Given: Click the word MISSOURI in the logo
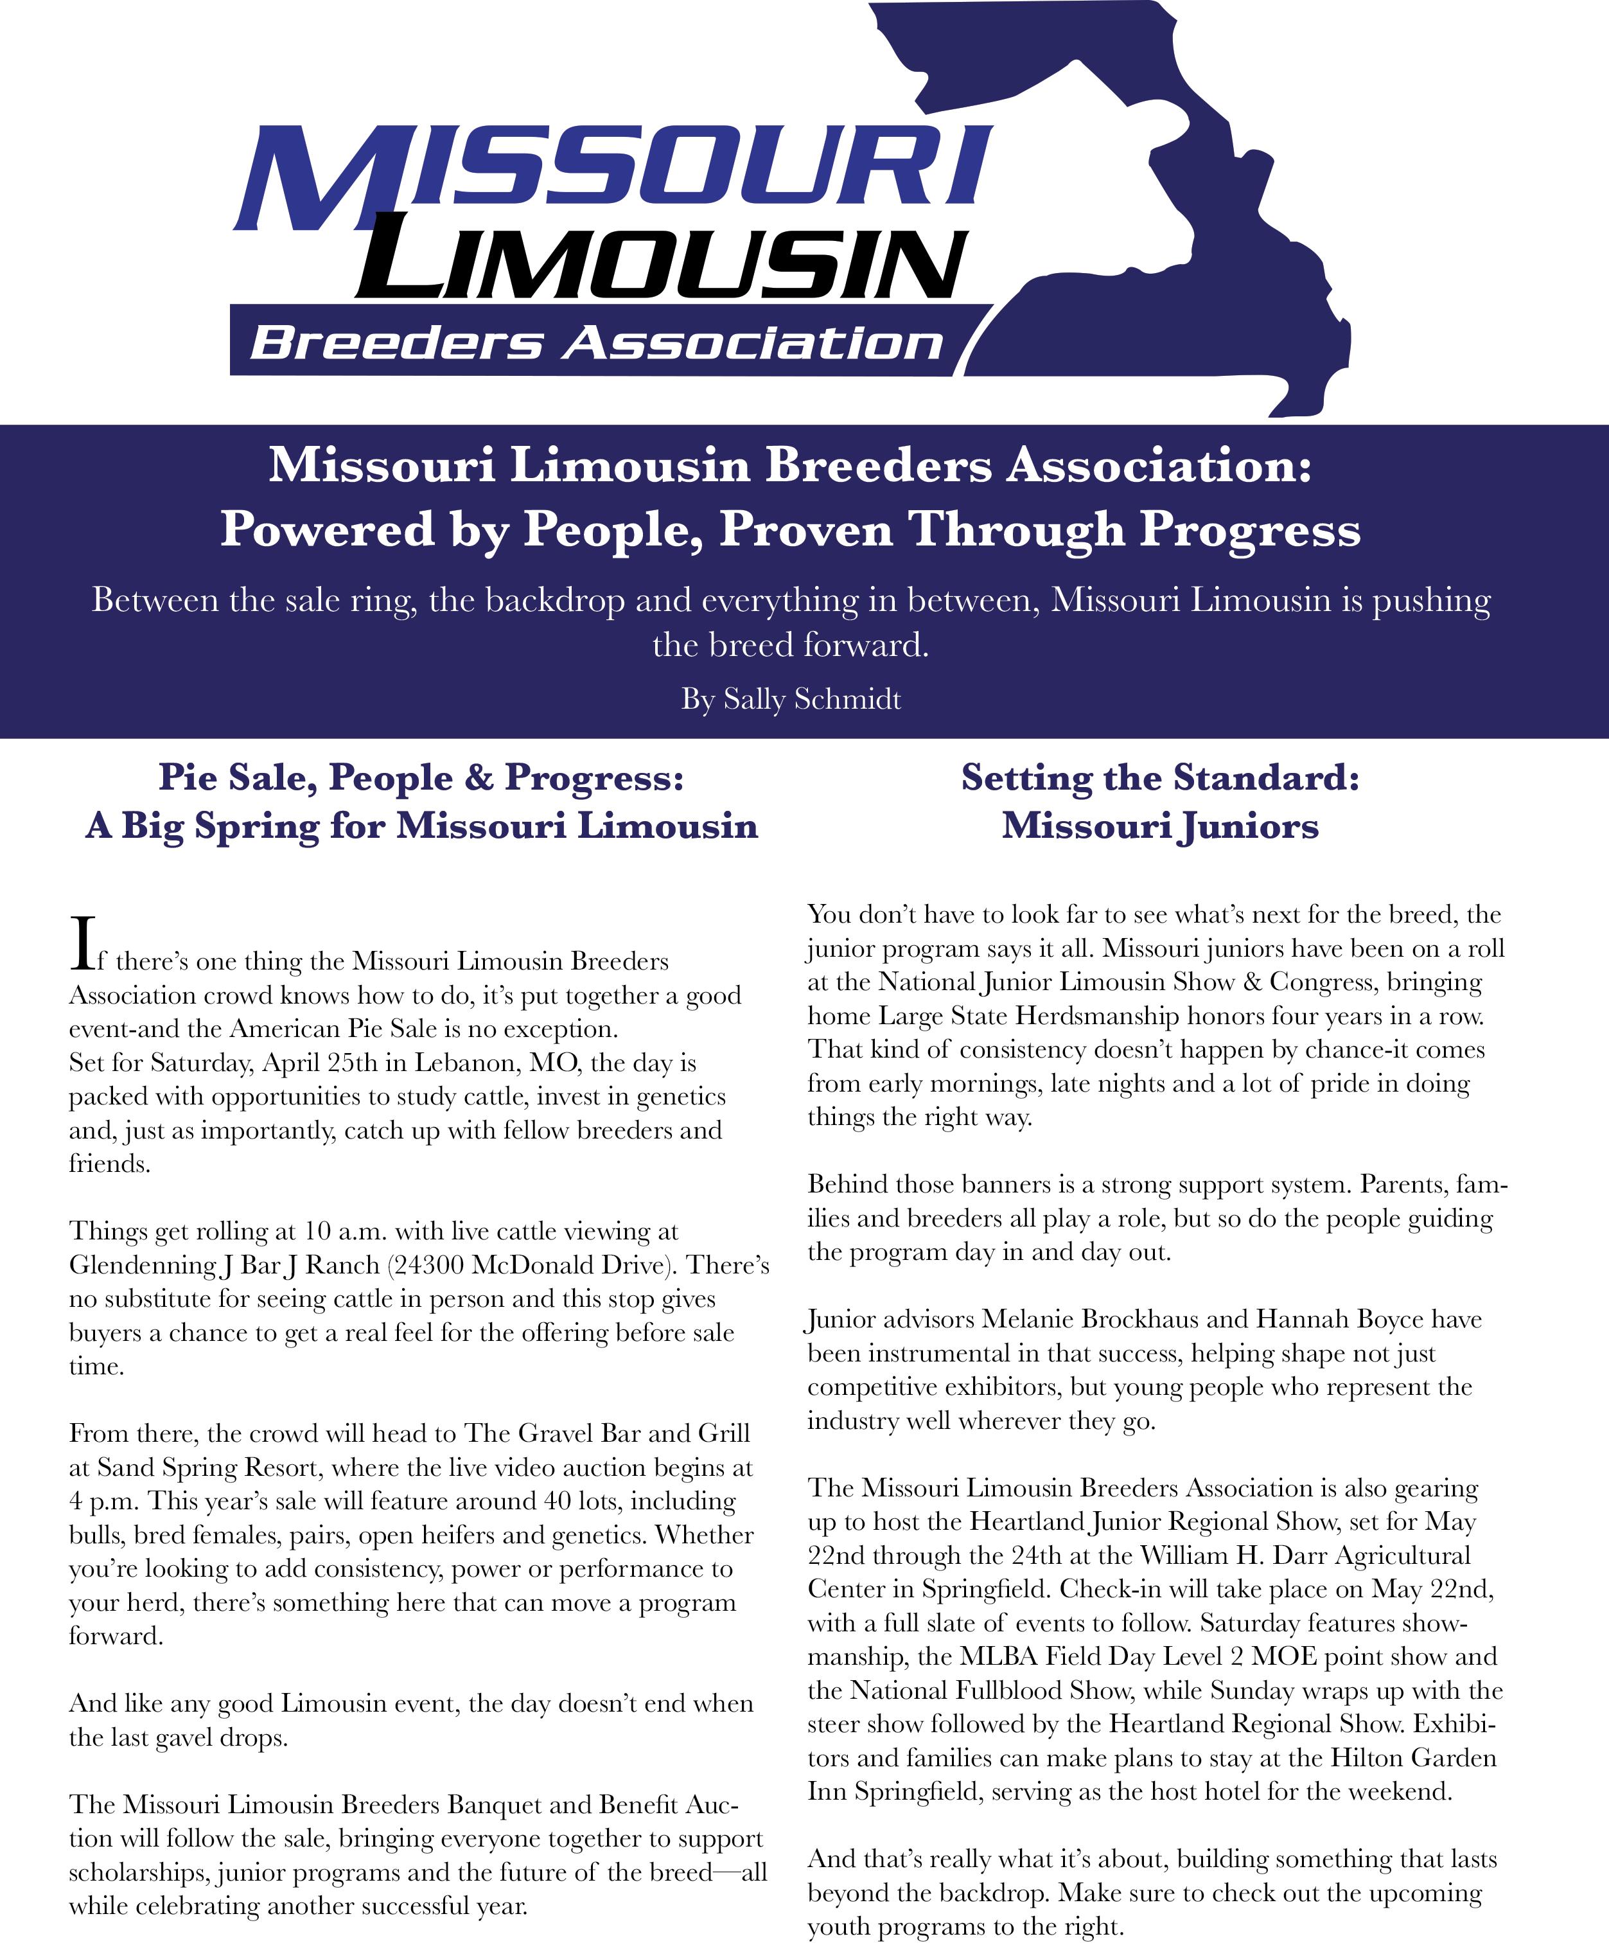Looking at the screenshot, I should [x=611, y=167].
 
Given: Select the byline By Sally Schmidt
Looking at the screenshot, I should [x=791, y=698].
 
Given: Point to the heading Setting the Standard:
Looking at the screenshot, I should [x=1159, y=777].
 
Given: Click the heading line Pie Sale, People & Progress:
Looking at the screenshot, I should [x=421, y=777].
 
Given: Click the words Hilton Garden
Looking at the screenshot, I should [x=1414, y=1757].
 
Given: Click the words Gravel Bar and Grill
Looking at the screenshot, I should [x=634, y=1433].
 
